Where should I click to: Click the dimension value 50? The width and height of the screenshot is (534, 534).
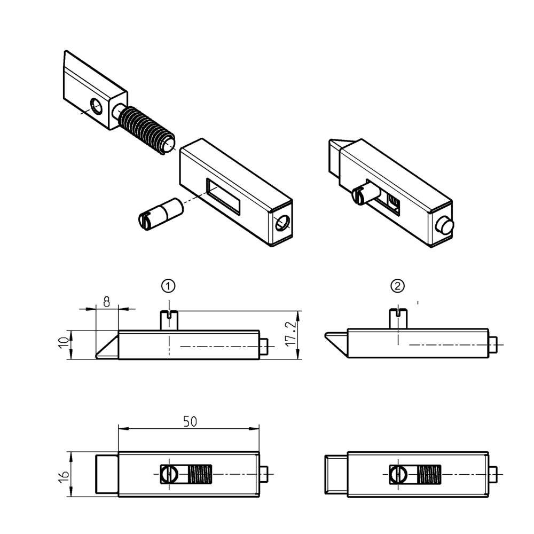[190, 421]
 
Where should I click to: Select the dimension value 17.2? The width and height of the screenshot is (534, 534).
[290, 335]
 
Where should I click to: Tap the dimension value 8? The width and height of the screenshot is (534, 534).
[106, 302]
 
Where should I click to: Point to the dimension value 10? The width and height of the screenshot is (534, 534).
[63, 344]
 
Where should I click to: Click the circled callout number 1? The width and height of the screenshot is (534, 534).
[169, 286]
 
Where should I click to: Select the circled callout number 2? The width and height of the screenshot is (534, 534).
[398, 286]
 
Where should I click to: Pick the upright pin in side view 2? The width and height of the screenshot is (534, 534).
[397, 319]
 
